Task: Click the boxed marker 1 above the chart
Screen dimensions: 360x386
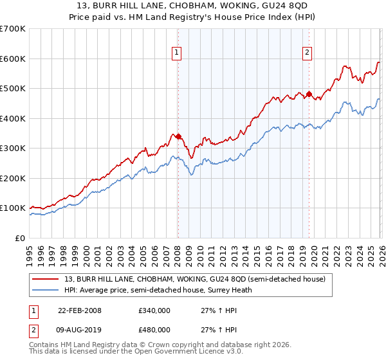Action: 176,53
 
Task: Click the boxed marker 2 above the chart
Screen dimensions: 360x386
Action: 308,53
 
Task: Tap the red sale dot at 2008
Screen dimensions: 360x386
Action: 178,136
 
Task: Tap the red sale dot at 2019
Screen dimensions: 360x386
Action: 309,94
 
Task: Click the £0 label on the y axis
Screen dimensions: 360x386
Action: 21,238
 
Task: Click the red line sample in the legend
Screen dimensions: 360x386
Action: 46,279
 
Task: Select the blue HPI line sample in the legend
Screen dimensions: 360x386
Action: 46,290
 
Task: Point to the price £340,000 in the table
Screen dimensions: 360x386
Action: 154,310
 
